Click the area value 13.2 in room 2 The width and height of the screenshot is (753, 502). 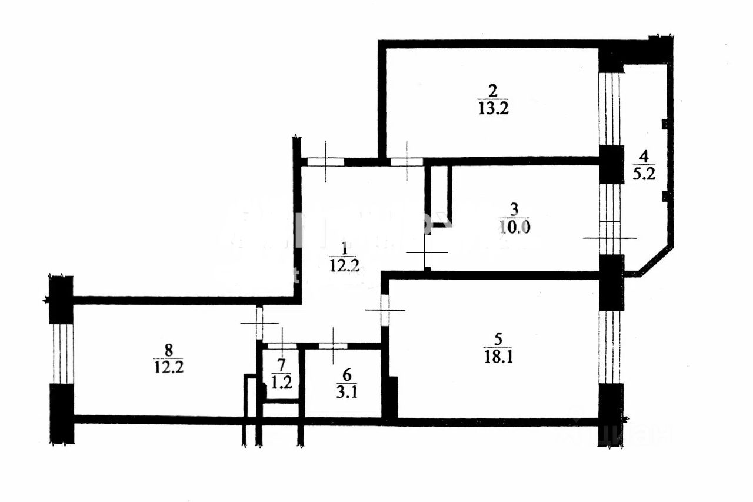coord(493,108)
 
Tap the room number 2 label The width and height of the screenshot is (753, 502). coord(493,91)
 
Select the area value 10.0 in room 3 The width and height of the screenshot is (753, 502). coord(515,227)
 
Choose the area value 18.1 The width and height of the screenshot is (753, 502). coord(498,357)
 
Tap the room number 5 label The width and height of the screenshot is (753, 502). coord(498,339)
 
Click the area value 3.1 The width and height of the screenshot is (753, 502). coord(346,390)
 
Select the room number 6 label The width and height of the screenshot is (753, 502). coord(346,373)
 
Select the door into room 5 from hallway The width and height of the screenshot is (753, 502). coord(385,310)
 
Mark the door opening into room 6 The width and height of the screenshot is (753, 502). coord(334,346)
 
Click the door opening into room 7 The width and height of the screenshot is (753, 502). coord(281,346)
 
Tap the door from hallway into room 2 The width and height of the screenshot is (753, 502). coord(407,161)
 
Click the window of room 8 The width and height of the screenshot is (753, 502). coord(62,353)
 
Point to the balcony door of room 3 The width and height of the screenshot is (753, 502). coord(610,238)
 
